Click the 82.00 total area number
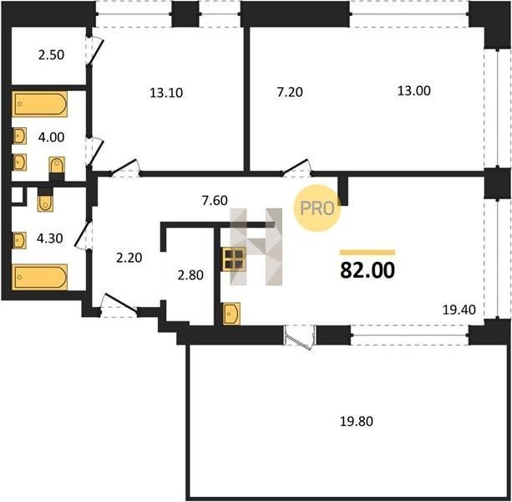point(368,270)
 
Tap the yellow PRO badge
point(317,208)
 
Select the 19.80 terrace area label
point(357,421)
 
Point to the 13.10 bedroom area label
point(166,93)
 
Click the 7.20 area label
point(290,92)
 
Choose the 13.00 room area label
point(413,90)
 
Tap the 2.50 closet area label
point(51,54)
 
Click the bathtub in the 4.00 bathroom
point(40,104)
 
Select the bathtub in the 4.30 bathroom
point(40,277)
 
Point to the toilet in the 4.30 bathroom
point(45,200)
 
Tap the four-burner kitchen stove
point(234,259)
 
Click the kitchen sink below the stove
point(231,314)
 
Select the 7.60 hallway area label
point(215,200)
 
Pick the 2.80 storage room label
point(190,275)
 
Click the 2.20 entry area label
point(129,258)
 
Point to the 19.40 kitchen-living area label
point(459,310)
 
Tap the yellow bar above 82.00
point(368,252)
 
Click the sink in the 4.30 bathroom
point(19,240)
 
